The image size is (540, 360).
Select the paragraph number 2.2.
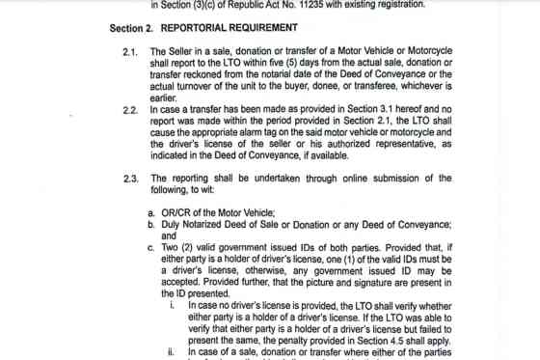click(131, 110)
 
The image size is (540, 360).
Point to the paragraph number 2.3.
click(131, 179)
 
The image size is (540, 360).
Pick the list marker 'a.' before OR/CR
click(152, 212)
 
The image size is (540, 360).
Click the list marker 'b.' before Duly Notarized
click(152, 224)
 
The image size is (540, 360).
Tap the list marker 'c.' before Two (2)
click(152, 247)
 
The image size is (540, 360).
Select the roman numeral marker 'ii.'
click(171, 352)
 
